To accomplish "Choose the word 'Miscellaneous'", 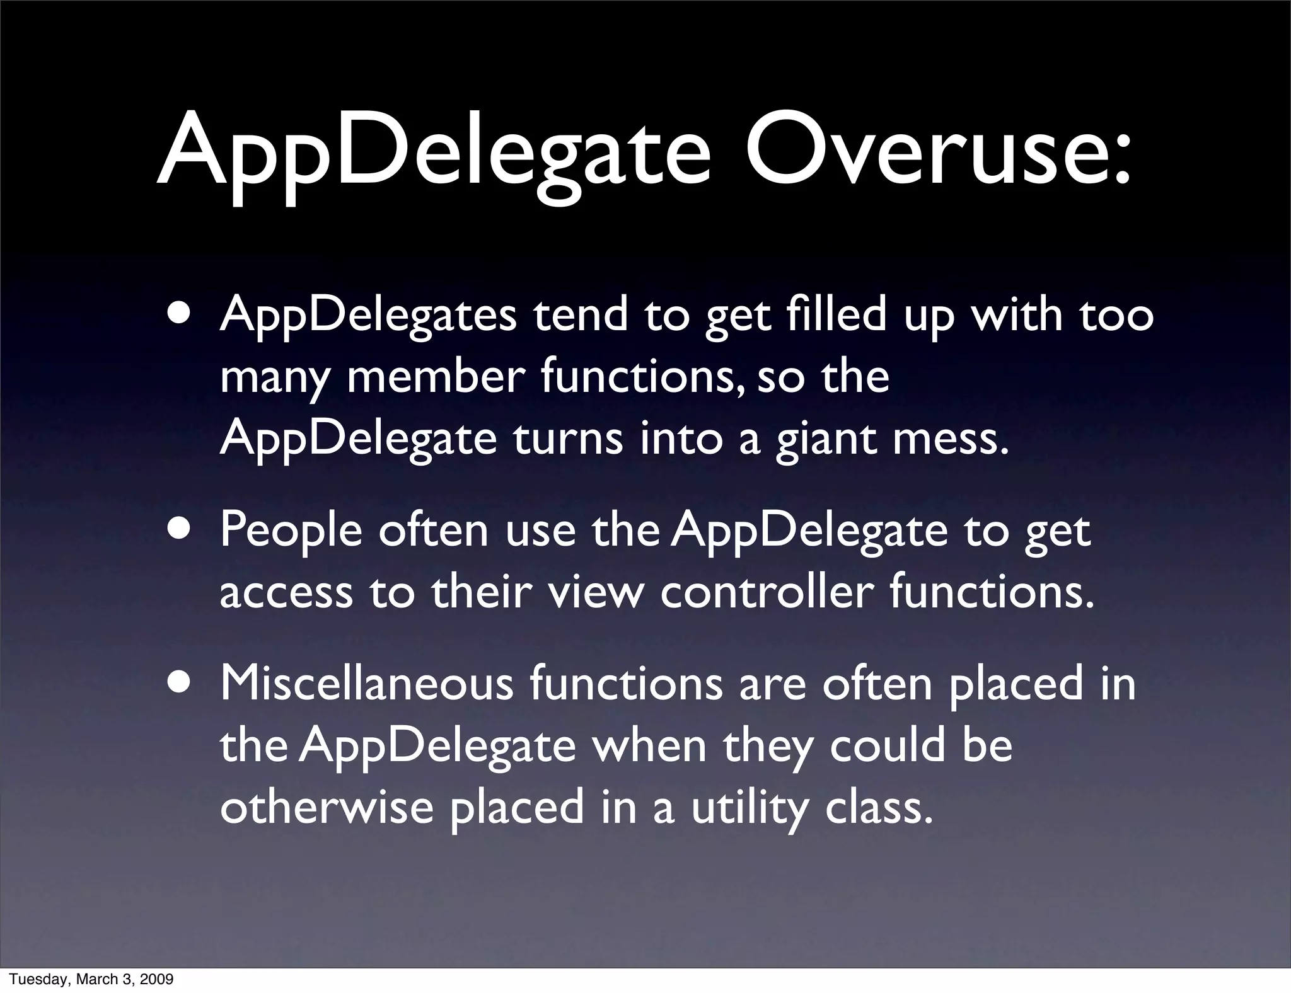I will tap(367, 684).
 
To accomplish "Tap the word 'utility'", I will tap(749, 810).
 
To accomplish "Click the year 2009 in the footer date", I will tap(159, 979).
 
